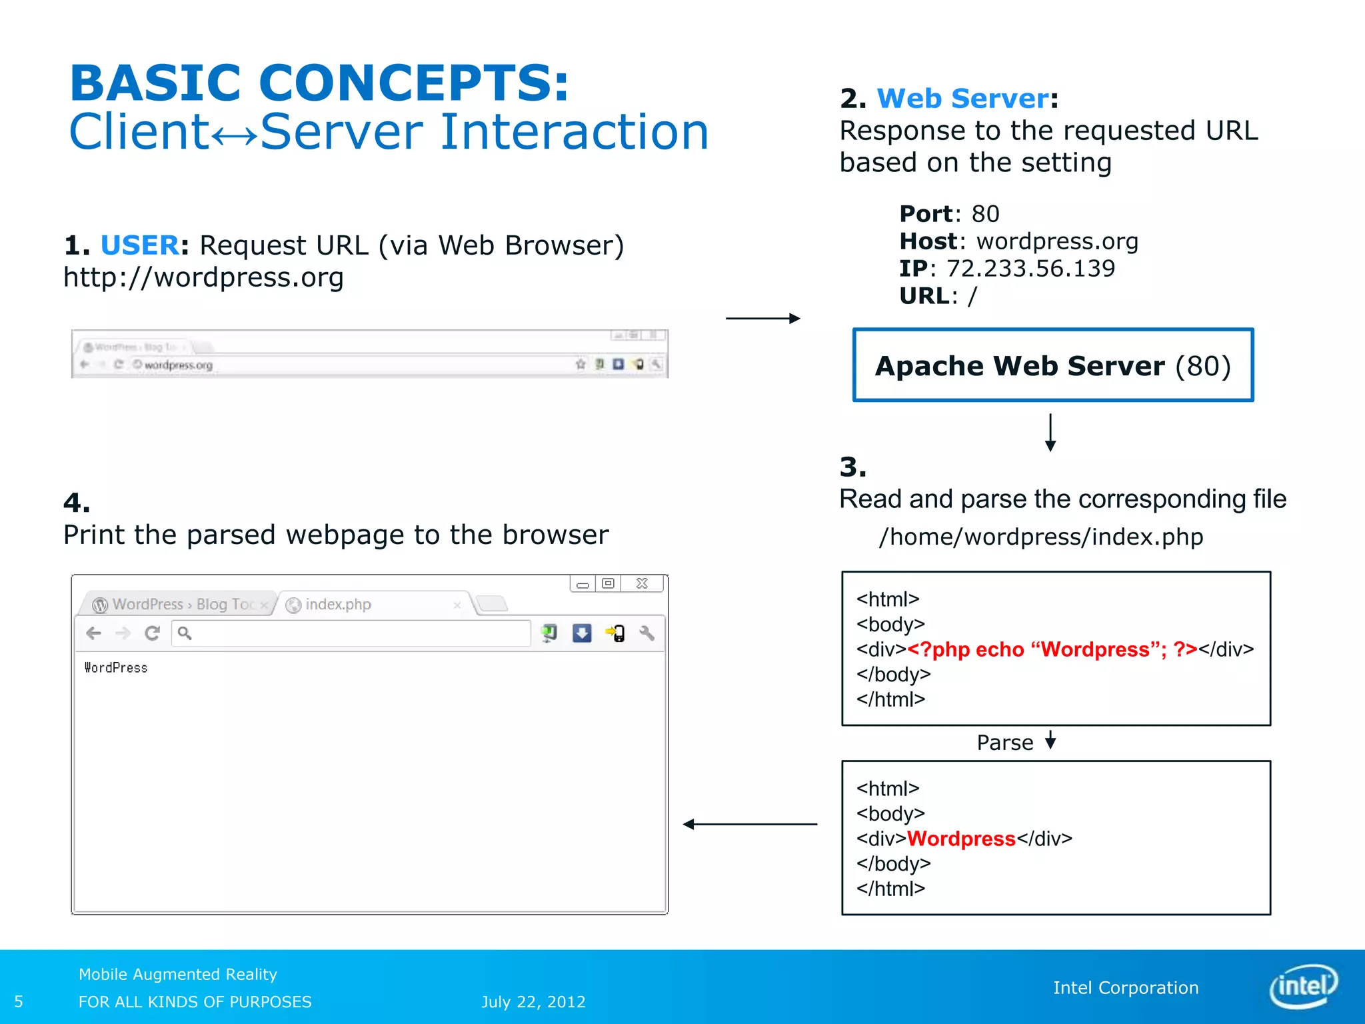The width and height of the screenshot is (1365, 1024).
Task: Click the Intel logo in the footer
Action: click(1303, 986)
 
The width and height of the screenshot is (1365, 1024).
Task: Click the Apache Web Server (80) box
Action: click(1052, 365)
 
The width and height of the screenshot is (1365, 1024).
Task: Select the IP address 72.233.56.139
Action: click(1030, 269)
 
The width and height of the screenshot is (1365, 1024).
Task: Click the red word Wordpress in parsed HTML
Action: click(961, 839)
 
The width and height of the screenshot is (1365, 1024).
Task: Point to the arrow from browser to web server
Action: click(762, 319)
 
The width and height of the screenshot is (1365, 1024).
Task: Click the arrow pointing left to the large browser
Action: click(750, 825)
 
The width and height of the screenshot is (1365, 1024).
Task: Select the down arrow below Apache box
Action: click(1050, 433)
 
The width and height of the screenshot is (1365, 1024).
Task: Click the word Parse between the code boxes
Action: click(1004, 743)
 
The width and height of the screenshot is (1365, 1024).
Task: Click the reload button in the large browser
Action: click(153, 633)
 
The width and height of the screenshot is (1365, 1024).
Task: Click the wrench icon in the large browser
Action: click(647, 633)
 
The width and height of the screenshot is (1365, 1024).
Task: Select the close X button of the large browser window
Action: click(642, 584)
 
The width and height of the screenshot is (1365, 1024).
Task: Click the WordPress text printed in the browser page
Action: click(116, 668)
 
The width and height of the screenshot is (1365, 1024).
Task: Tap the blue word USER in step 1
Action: click(139, 245)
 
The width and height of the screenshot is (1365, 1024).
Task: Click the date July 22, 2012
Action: click(533, 1002)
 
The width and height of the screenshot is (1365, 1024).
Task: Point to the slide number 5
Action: click(19, 1002)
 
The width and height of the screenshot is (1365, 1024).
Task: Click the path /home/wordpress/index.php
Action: click(1041, 537)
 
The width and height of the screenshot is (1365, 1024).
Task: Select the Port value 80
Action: click(985, 214)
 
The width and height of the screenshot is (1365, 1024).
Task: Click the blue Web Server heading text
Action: click(962, 99)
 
